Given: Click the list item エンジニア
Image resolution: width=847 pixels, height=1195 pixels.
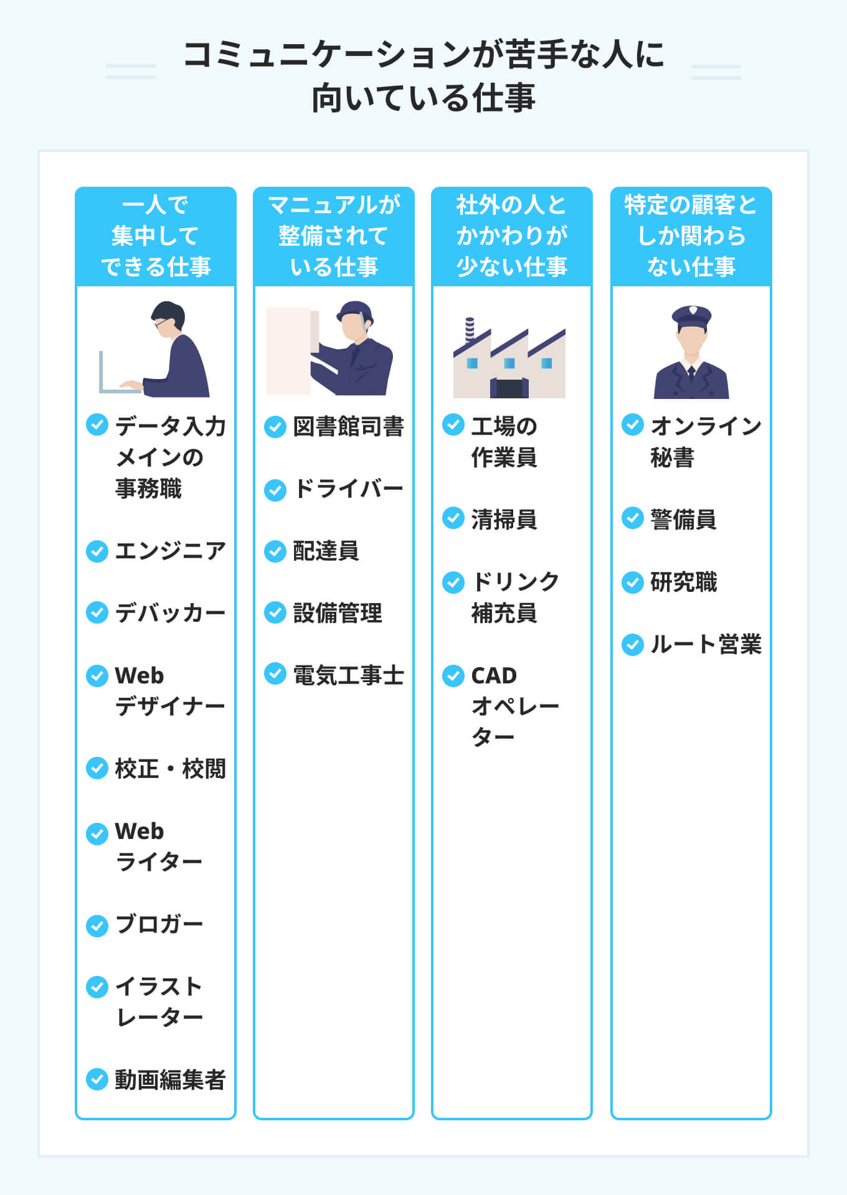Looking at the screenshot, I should (x=170, y=551).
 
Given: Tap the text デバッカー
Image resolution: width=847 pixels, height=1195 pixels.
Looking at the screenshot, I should (x=170, y=613).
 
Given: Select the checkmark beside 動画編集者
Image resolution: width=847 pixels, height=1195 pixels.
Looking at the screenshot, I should (x=97, y=1079).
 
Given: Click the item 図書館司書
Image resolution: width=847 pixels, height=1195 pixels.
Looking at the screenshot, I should (x=348, y=427).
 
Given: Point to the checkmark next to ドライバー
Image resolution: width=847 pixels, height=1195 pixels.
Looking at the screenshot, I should (x=275, y=490).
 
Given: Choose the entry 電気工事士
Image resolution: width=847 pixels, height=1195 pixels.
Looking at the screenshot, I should (x=348, y=675).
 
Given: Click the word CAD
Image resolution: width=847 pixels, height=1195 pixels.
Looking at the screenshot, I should (x=494, y=675).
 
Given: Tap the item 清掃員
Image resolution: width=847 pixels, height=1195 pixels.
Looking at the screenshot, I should (x=504, y=520).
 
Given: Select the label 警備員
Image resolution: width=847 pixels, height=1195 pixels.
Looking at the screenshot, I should (x=683, y=520).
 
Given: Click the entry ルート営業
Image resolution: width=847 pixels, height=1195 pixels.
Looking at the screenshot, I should (x=706, y=644).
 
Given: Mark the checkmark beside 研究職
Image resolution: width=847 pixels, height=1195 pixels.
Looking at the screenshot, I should (x=633, y=583).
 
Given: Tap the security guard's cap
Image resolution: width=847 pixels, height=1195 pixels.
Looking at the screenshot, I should (x=691, y=316).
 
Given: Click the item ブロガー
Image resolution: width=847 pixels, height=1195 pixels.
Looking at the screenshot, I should (x=159, y=924).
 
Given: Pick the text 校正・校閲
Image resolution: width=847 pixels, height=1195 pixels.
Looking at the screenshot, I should (x=170, y=769).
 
